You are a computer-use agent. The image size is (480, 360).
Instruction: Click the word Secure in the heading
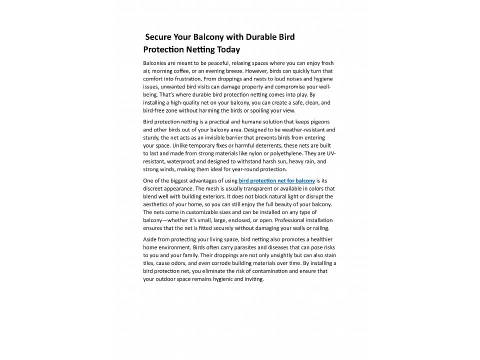[x=158, y=37]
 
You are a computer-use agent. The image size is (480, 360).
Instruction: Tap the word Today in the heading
[x=228, y=49]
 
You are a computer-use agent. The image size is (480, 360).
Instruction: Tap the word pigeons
[x=317, y=122]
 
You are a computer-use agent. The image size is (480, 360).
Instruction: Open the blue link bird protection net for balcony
[x=277, y=180]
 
